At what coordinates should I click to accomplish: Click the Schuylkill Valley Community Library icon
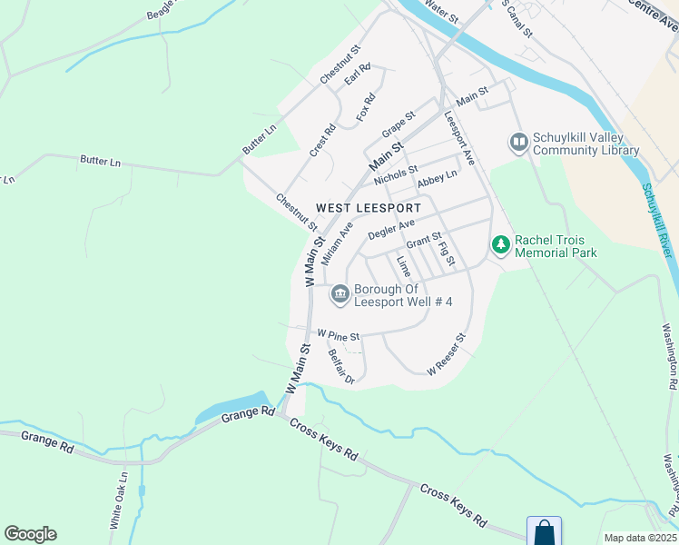point(518,141)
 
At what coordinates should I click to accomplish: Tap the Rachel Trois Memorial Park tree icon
point(500,244)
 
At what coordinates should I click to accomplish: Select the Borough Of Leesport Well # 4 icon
point(340,292)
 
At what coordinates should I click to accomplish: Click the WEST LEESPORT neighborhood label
point(369,208)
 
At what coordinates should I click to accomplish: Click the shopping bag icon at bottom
point(544,531)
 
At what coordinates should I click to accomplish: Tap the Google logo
point(30,534)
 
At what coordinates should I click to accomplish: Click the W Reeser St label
point(448,354)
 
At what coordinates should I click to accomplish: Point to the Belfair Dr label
point(340,367)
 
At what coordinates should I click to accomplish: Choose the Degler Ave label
point(391,229)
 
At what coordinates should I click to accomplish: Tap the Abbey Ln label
point(438,181)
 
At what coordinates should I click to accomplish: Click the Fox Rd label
point(366,109)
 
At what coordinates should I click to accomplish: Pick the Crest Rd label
point(322,141)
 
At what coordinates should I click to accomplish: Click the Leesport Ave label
point(459,138)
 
